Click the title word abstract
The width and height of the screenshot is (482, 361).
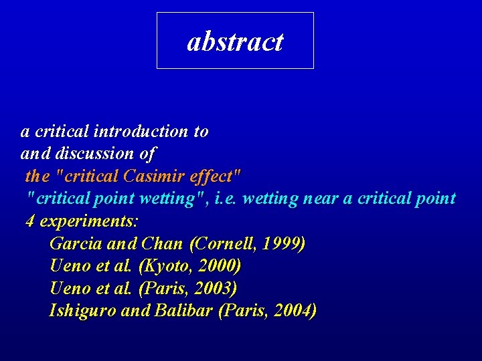(235, 41)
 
